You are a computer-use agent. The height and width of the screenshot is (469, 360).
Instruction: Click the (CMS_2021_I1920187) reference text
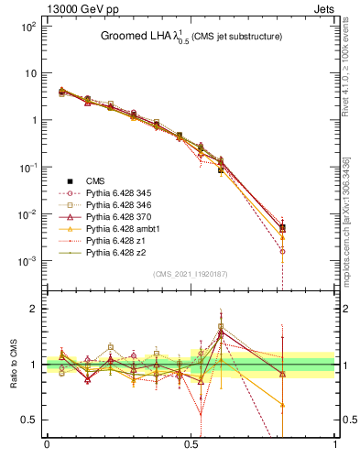tap(190, 274)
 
